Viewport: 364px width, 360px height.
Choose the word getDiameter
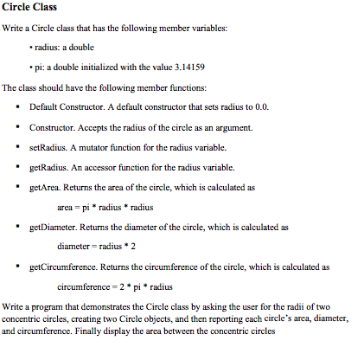[52, 226]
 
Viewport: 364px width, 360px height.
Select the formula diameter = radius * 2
[94, 246]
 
